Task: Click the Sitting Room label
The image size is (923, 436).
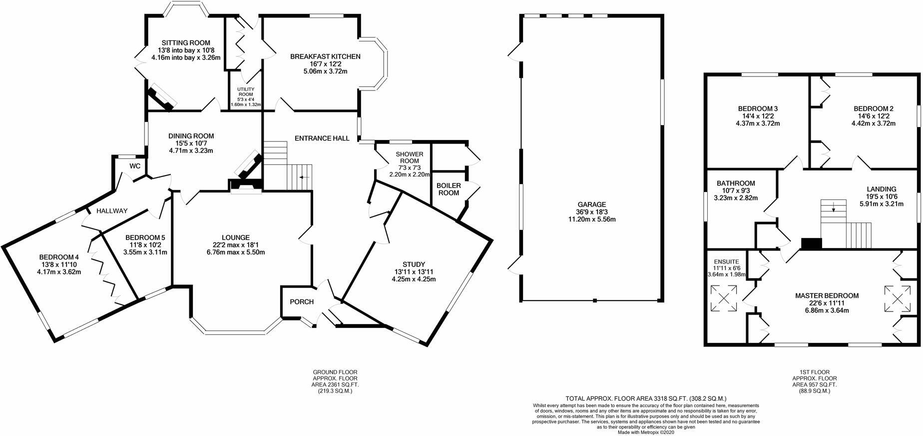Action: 185,43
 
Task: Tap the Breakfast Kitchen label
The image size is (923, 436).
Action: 325,56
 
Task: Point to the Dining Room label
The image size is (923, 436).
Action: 191,136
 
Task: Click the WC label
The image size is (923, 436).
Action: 135,166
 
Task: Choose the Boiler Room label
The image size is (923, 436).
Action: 449,189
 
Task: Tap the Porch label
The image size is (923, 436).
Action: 302,302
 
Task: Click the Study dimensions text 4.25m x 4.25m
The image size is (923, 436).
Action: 414,279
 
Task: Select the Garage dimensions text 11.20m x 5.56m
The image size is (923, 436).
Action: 592,219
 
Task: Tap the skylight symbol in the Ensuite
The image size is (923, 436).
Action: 723,298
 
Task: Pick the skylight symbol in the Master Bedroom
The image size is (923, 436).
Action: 898,298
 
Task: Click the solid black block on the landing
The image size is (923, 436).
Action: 812,243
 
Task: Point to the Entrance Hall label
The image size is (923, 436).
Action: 322,138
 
